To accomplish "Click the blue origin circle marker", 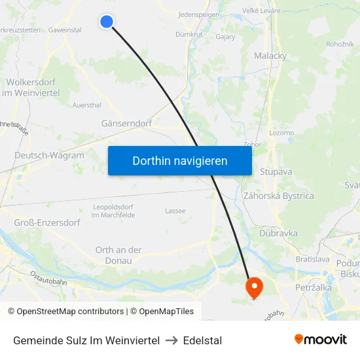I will point(106,22).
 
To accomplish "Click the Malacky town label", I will point(270,56).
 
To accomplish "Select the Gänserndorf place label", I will point(127,123).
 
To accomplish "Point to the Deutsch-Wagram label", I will point(49,156).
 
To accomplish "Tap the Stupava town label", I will point(276,171).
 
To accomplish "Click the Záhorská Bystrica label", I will point(278,196).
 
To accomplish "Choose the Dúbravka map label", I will point(278,233).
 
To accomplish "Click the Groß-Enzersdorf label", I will point(47,223).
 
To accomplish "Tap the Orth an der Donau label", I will point(118,255).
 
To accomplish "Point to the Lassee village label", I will point(175,211).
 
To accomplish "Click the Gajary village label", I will point(225,37).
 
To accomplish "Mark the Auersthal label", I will point(87,104).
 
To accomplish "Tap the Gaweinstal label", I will point(65,30).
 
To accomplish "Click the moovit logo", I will point(320,340).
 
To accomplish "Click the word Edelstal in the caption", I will point(202,340).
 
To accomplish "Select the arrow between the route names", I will point(171,340).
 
